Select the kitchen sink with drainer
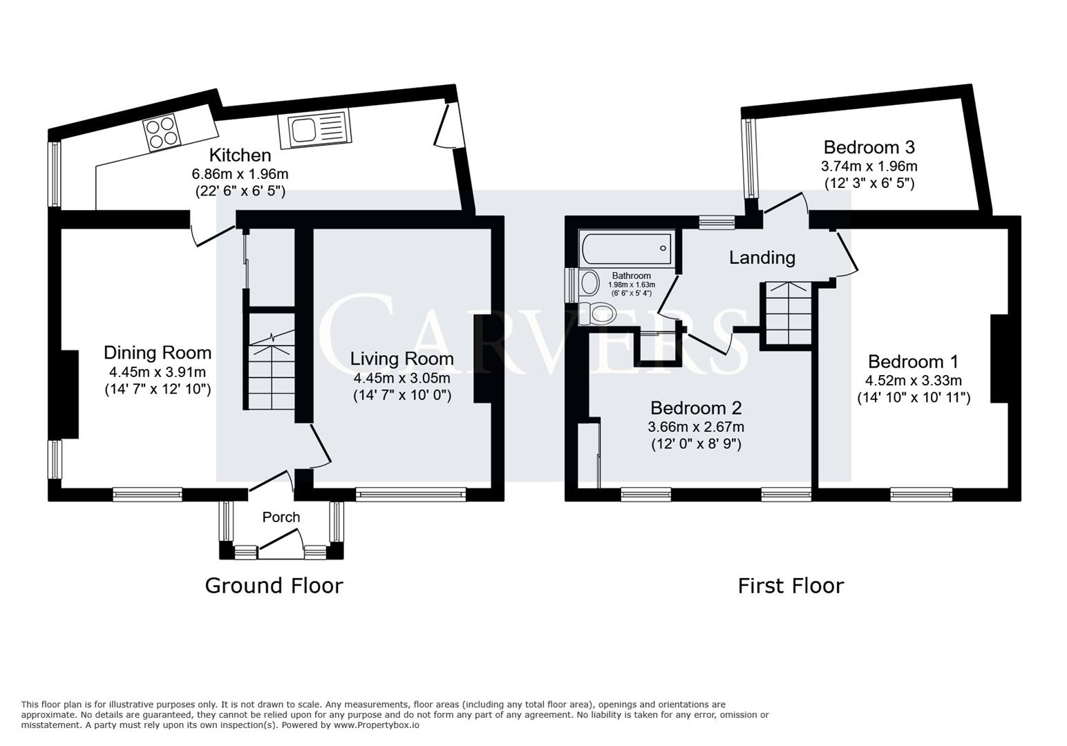[314, 129]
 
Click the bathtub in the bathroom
[627, 249]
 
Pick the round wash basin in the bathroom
[589, 282]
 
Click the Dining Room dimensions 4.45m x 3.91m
[158, 372]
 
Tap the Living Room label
[402, 358]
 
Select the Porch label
[281, 517]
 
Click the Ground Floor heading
[274, 586]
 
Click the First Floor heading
[791, 586]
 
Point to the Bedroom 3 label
[869, 147]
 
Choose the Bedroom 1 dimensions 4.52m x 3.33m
[913, 381]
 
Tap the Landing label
[762, 258]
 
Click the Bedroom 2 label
[696, 408]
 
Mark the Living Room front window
[411, 493]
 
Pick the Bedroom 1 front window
[921, 493]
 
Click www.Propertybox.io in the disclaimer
[377, 725]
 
